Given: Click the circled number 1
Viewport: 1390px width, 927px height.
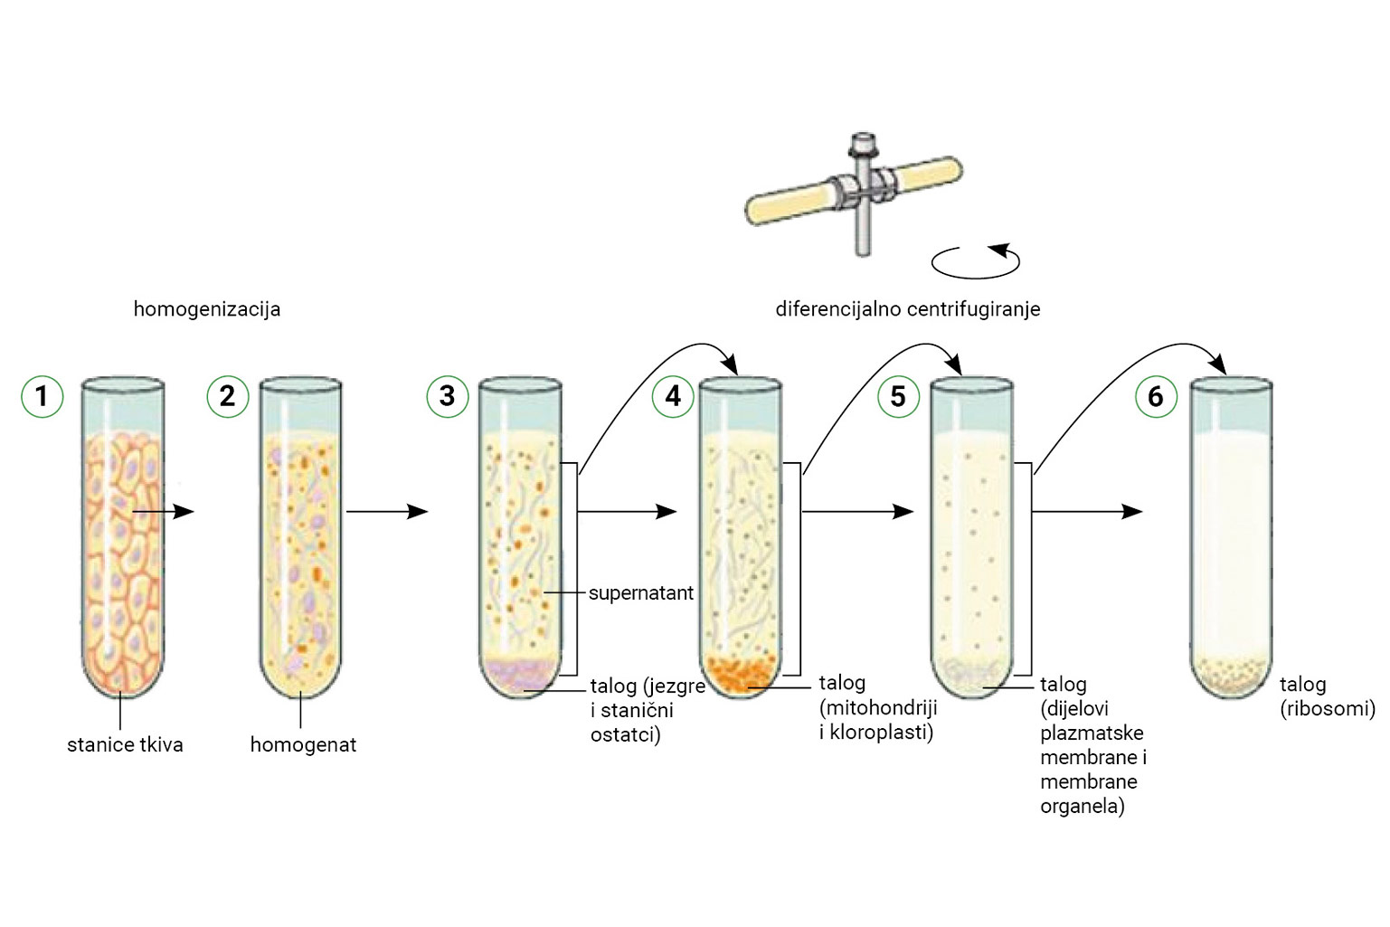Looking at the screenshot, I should tap(42, 395).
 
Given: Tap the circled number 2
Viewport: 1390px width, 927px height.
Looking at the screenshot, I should tap(227, 395).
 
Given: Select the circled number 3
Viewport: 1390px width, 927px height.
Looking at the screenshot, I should tap(447, 395).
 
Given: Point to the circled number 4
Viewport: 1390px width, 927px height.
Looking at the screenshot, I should tap(673, 395).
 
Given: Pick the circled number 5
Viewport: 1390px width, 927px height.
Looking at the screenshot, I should tap(898, 395).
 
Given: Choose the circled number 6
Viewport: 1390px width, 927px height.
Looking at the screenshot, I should tap(1156, 395).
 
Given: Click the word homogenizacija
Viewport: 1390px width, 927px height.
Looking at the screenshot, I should tap(207, 309).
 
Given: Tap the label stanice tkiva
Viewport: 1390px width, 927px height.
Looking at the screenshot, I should tap(125, 745).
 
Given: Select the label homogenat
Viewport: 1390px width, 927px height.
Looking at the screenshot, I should tap(303, 745).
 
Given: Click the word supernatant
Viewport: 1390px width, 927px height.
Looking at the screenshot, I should tap(640, 593).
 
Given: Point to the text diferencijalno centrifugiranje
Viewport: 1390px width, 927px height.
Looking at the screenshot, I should tap(907, 309).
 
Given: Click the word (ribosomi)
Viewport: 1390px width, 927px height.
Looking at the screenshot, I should tap(1327, 709).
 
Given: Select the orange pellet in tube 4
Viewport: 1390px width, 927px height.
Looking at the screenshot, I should tap(741, 675).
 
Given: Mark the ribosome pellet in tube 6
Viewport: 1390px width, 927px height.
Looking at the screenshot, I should tap(1231, 674).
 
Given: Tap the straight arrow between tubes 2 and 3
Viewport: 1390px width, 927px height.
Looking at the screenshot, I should tap(386, 512).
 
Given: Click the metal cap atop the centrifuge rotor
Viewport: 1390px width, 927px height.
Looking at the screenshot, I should tap(864, 145).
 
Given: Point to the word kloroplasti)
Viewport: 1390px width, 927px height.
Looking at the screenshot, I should tap(882, 733).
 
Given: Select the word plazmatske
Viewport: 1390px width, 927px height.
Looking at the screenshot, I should tap(1092, 733).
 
